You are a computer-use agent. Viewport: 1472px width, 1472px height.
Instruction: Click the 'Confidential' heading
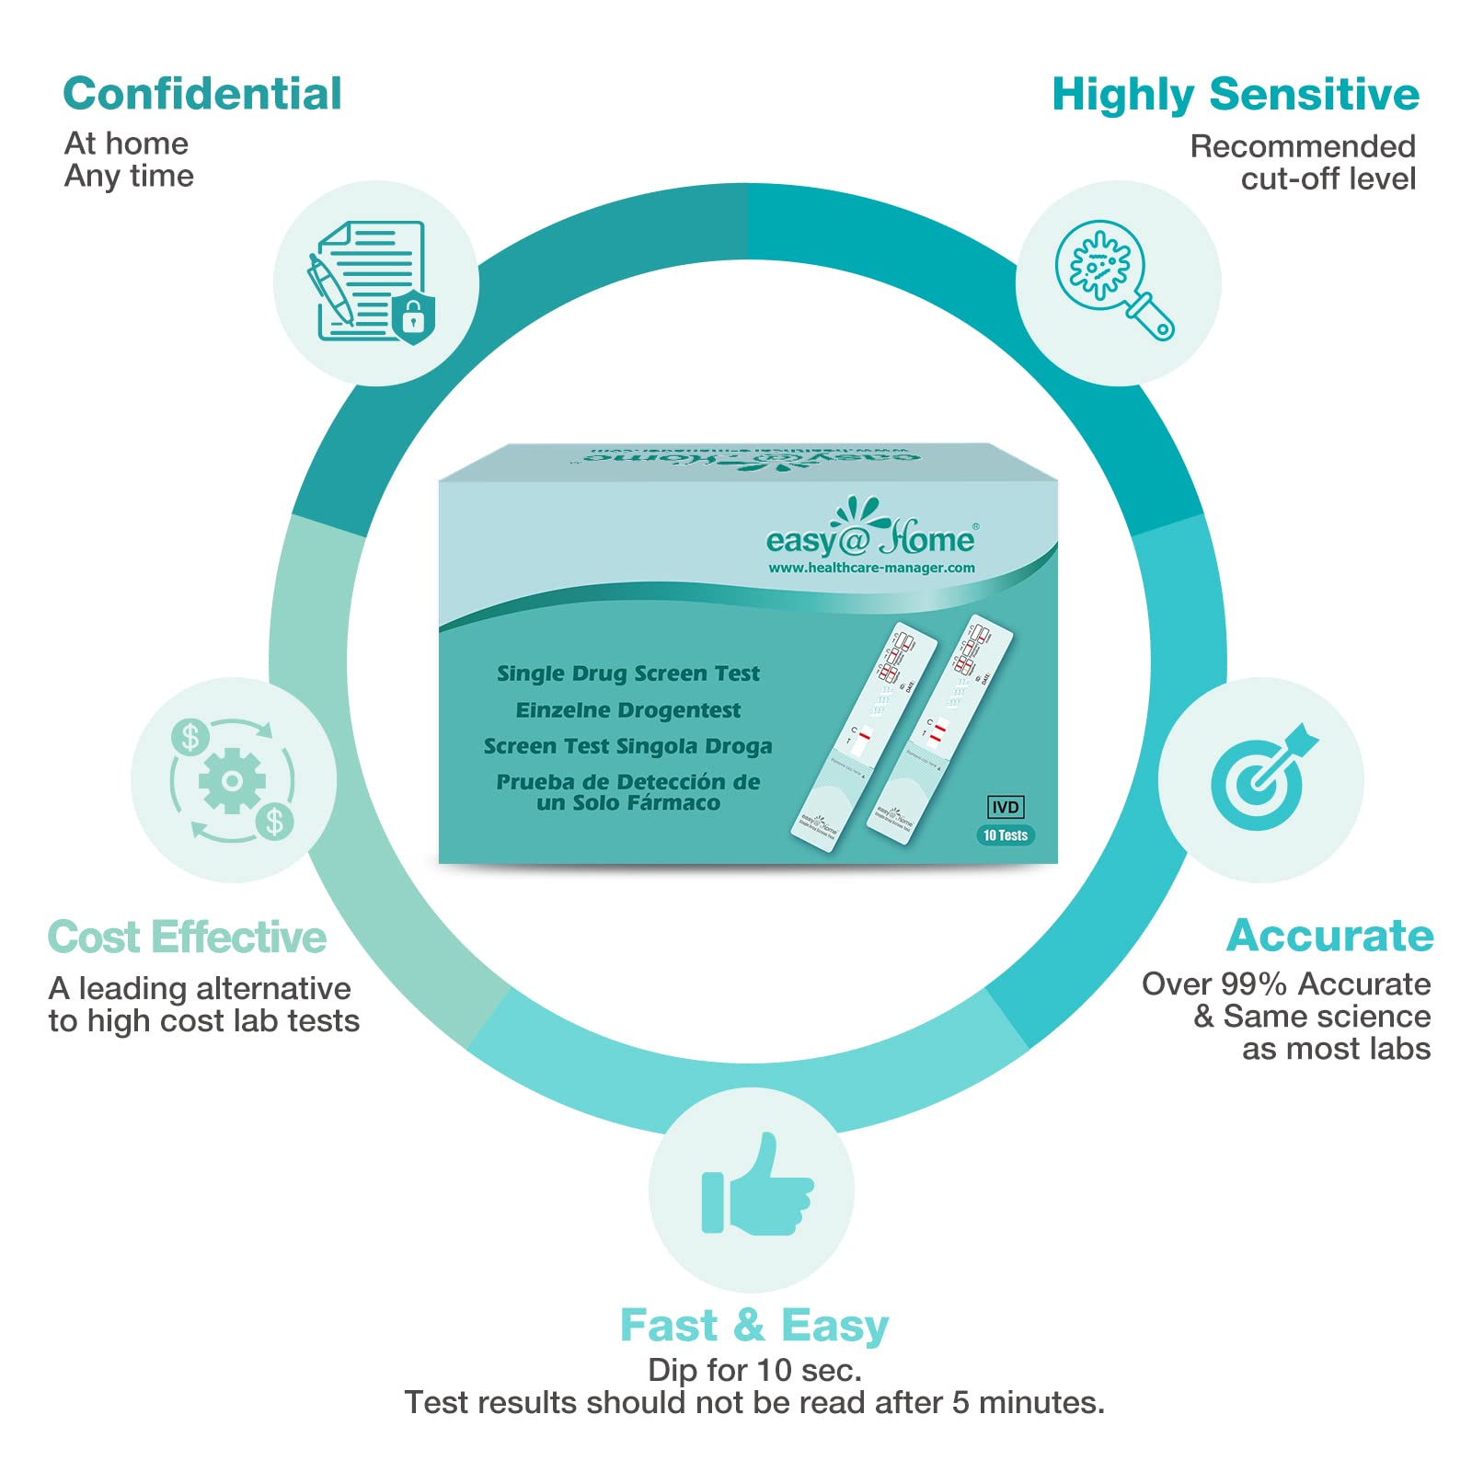click(x=202, y=94)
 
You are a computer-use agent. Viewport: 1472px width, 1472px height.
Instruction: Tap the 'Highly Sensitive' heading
click(x=1235, y=95)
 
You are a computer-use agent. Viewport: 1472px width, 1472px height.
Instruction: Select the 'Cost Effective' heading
click(x=187, y=937)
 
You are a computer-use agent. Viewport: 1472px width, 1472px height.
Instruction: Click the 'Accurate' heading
click(x=1329, y=936)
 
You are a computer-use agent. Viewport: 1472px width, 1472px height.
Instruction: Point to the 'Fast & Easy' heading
click(x=754, y=1326)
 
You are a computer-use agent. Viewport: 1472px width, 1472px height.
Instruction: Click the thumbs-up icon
click(x=757, y=1188)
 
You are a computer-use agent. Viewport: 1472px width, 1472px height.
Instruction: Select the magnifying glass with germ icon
click(x=1113, y=279)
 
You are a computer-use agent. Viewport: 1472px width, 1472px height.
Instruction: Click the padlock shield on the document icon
click(x=413, y=318)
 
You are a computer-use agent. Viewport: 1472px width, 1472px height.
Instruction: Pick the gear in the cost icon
click(x=232, y=781)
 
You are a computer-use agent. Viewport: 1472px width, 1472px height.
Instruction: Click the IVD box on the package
click(x=1005, y=807)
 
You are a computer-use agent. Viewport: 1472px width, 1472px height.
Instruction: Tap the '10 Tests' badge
click(x=1005, y=835)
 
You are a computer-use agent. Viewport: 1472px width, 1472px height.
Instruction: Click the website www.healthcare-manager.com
click(x=871, y=568)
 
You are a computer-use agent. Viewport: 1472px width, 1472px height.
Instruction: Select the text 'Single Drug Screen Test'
click(x=628, y=673)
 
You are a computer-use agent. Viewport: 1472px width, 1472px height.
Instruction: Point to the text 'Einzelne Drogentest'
click(x=628, y=710)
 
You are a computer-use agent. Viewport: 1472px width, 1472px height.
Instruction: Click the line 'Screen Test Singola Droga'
click(x=628, y=746)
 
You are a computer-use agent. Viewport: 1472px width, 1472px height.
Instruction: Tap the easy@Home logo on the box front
click(x=869, y=531)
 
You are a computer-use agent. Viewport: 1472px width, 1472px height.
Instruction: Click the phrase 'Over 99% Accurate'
click(x=1285, y=984)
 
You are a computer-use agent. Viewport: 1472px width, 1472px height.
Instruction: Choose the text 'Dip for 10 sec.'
click(x=754, y=1370)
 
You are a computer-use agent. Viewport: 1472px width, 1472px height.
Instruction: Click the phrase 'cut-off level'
click(x=1328, y=178)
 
